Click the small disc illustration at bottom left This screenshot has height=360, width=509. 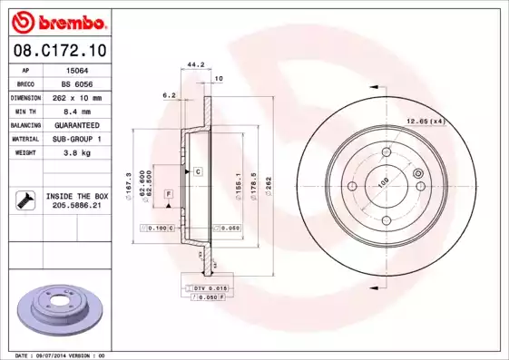pyautogui.click(x=64, y=309)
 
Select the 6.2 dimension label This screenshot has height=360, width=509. pyautogui.click(x=168, y=94)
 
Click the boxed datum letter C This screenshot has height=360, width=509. pyautogui.click(x=196, y=170)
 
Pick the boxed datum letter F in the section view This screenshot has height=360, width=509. pyautogui.click(x=168, y=195)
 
